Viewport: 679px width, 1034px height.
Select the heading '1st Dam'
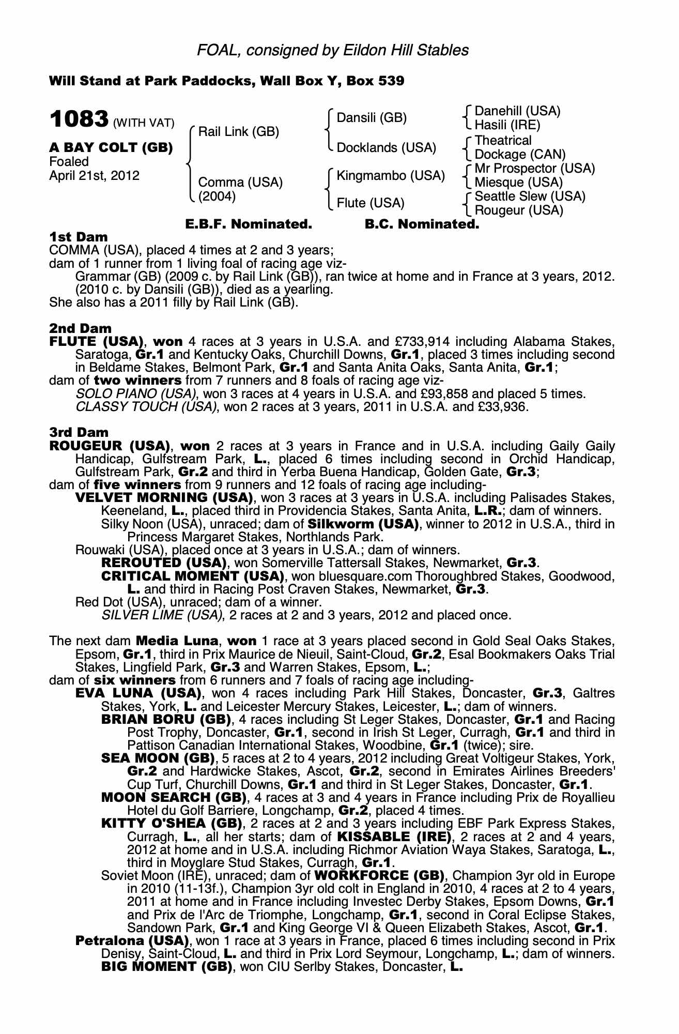tap(79, 237)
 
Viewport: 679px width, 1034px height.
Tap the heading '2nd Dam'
tap(80, 328)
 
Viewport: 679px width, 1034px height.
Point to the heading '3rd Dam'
tap(79, 432)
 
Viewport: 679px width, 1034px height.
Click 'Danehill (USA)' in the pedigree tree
tap(517, 111)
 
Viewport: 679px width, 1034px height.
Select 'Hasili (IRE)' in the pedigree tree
tap(507, 125)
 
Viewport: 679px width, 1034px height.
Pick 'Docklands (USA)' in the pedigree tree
tap(386, 148)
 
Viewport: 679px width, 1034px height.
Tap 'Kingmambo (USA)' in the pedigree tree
tap(391, 176)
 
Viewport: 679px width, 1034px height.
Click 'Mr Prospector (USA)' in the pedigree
tap(534, 169)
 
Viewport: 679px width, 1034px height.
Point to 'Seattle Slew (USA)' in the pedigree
tap(530, 196)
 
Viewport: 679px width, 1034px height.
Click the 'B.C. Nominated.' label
tap(422, 224)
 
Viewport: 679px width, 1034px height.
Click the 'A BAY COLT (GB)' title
tap(111, 148)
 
